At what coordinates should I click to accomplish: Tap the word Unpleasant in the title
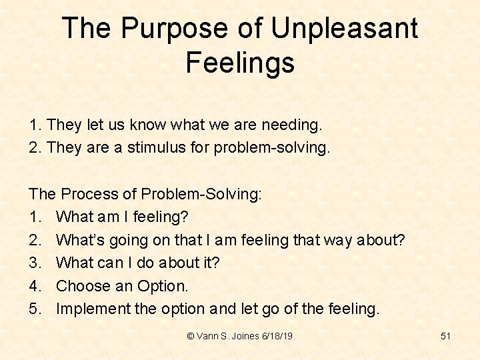point(345,29)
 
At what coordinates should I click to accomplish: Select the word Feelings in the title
point(240,63)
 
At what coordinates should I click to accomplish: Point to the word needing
point(291,125)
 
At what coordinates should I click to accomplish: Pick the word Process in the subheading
point(90,194)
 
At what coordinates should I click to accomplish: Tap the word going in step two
point(140,240)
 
